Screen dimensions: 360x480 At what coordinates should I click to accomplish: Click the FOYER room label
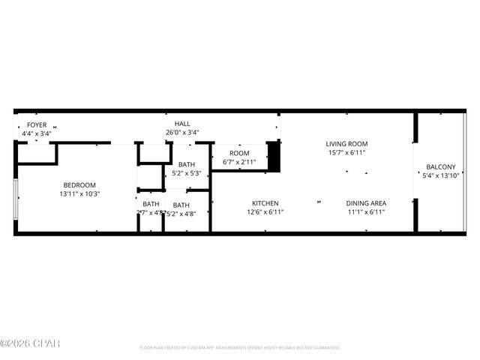(36, 124)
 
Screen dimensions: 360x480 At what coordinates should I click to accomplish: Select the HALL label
(182, 124)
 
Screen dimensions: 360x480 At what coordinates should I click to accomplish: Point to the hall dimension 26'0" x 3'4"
(182, 133)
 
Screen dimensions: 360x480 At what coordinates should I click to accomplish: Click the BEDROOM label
(79, 185)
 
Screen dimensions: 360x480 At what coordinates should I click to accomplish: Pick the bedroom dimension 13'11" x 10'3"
(79, 194)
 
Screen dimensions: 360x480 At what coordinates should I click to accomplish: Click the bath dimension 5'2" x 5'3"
(187, 174)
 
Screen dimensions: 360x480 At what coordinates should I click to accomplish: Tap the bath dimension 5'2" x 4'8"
(181, 214)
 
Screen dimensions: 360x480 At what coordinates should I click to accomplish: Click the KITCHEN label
(265, 203)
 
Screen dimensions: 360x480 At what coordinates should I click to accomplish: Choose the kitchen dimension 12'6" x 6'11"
(265, 212)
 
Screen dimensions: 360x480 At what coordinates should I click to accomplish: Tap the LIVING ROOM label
(346, 143)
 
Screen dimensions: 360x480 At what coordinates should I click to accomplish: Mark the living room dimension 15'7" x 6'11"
(346, 153)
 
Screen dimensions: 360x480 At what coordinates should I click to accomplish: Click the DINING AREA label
(366, 203)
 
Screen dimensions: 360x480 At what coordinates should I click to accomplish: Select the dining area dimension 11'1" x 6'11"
(366, 212)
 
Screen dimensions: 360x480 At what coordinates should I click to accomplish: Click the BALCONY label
(440, 166)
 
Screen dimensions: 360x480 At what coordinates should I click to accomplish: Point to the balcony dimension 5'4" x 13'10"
(440, 175)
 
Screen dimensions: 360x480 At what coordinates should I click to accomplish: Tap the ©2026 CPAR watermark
(30, 344)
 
